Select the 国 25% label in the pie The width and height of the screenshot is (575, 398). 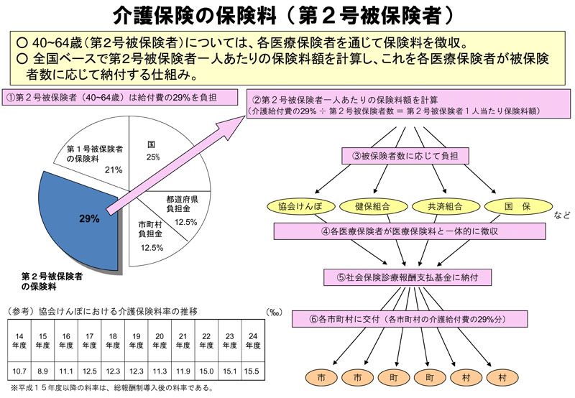(152, 150)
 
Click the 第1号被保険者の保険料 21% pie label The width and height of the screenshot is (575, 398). (93, 158)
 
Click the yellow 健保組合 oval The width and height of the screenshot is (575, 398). (372, 207)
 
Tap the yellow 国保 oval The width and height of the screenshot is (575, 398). (517, 207)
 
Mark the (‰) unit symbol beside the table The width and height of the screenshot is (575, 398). (274, 312)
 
